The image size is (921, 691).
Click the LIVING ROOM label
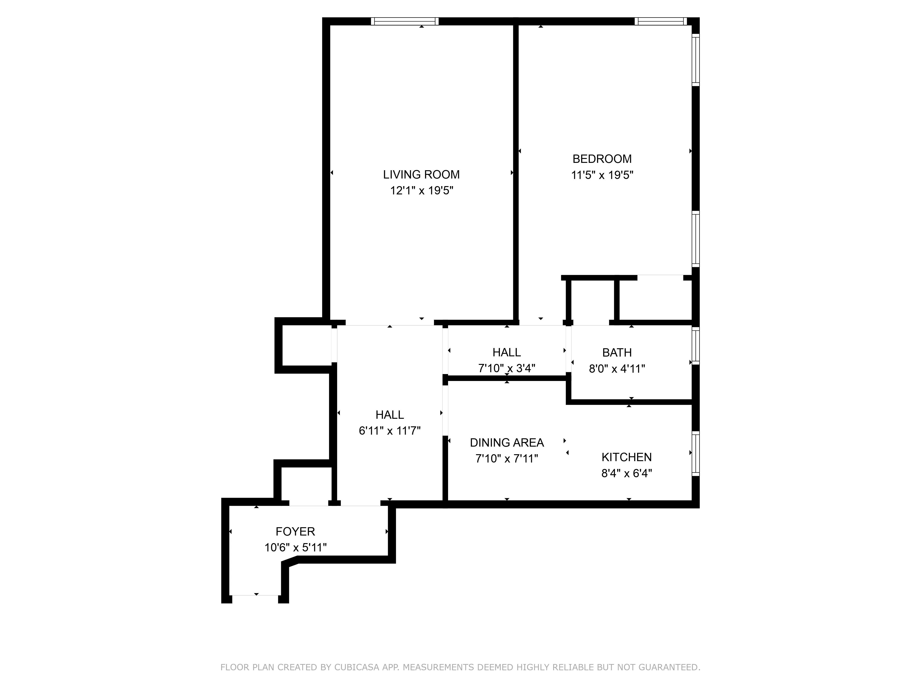[421, 175]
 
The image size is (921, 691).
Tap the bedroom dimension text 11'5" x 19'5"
[602, 175]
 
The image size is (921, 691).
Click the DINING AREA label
[507, 442]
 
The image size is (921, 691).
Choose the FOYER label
[295, 531]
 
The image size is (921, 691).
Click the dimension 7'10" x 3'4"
[507, 368]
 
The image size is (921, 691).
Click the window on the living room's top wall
[405, 21]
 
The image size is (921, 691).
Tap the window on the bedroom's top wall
[660, 21]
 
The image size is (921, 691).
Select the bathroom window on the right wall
[695, 346]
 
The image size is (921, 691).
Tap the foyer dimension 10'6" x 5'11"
[295, 547]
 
